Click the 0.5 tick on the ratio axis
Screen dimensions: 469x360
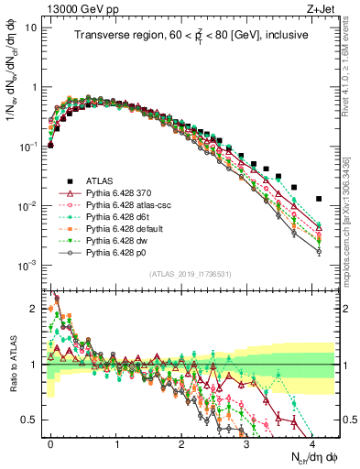tap(29, 420)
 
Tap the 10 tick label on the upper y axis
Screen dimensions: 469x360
tap(28, 27)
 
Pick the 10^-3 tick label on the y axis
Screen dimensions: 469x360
tap(25, 266)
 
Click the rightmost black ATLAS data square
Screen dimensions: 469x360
tap(319, 199)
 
